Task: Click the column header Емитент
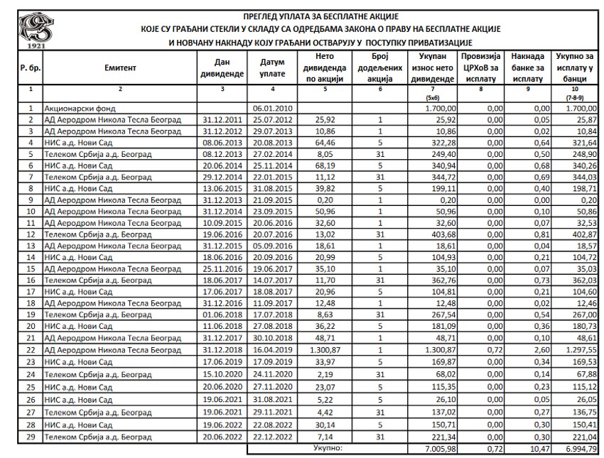pyautogui.click(x=119, y=69)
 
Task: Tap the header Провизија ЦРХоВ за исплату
pyautogui.click(x=480, y=69)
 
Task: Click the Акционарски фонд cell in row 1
pyautogui.click(x=75, y=109)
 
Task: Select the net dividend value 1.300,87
pyautogui.click(x=328, y=350)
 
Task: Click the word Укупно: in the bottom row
pyautogui.click(x=328, y=448)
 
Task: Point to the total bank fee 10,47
pyautogui.click(x=526, y=449)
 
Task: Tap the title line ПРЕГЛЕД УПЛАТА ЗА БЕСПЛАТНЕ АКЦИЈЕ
pyautogui.click(x=321, y=16)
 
